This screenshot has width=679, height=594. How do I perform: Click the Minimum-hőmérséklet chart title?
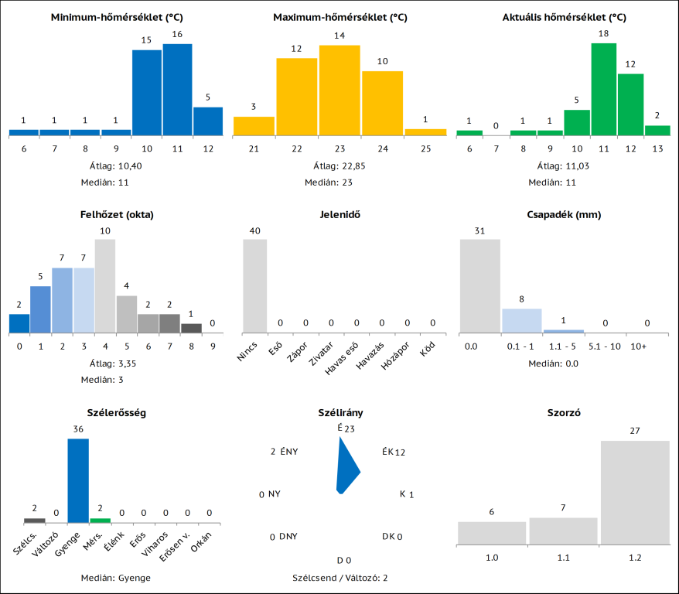(116, 17)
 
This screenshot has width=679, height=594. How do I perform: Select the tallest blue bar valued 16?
(177, 89)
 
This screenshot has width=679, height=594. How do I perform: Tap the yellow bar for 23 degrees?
(339, 90)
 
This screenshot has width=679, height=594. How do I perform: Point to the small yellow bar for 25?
(425, 132)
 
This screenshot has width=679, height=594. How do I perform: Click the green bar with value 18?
(604, 89)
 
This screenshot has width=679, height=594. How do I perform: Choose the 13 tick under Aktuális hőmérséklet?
(657, 148)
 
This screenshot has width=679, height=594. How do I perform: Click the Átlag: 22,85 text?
(339, 166)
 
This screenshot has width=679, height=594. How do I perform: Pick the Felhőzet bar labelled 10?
(105, 286)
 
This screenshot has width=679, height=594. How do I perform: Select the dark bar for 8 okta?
(191, 328)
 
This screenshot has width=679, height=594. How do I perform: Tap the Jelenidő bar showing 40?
(255, 286)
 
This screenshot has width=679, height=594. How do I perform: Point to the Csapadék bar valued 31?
(480, 286)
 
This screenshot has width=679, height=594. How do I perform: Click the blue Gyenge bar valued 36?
(78, 480)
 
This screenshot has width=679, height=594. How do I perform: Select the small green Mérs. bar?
(101, 521)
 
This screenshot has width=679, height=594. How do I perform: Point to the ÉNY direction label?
(289, 452)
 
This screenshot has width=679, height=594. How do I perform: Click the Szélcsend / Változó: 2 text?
(339, 578)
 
